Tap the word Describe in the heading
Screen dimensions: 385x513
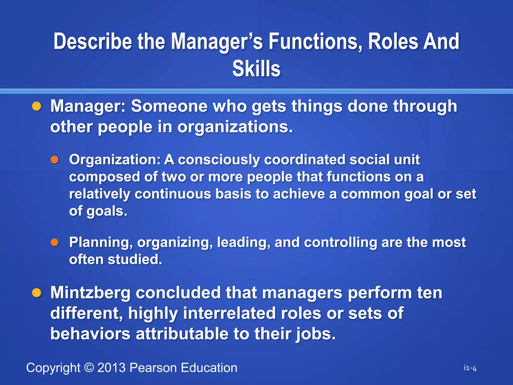93,42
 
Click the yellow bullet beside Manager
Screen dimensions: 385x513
37,106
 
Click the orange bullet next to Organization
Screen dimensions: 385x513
55,160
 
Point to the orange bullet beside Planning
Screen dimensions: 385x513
55,242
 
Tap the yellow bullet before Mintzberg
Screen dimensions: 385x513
37,293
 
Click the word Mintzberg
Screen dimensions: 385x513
90,293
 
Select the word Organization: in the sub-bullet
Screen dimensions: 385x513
115,160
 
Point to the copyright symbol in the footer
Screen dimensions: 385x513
89,368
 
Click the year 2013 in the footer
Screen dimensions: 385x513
111,368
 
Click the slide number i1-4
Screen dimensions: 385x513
470,368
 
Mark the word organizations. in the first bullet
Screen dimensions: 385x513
235,127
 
